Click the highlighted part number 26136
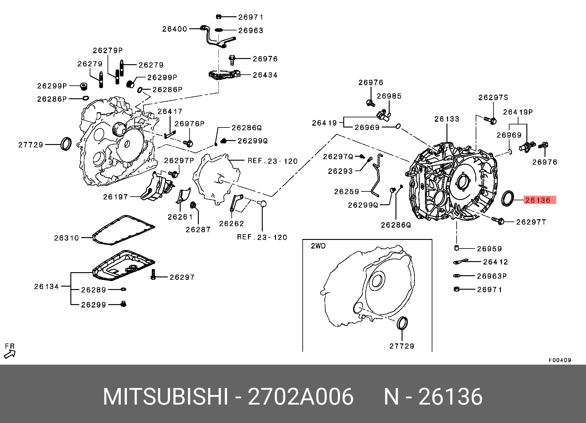point(540,200)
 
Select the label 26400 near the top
point(175,29)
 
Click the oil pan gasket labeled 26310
point(123,230)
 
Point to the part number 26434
point(265,75)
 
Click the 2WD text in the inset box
point(318,246)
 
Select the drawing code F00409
point(560,360)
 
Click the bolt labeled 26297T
point(498,220)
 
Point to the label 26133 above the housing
point(446,119)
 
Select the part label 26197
point(115,197)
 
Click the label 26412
point(495,262)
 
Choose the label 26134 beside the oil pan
point(46,286)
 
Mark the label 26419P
point(518,112)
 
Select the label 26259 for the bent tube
point(346,192)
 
